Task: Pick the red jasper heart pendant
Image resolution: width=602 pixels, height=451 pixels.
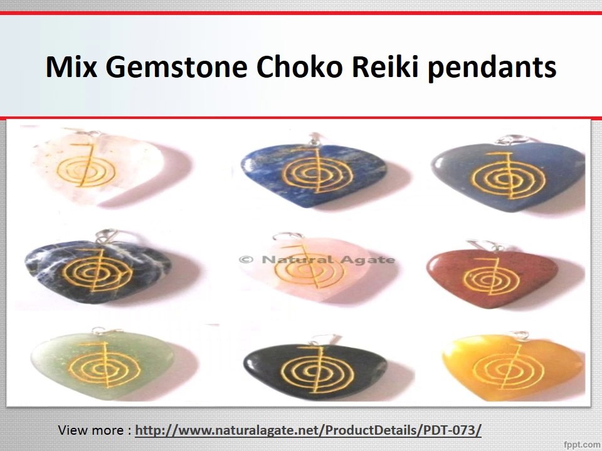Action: pos(485,273)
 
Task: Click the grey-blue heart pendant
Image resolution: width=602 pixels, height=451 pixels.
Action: pos(507,173)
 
